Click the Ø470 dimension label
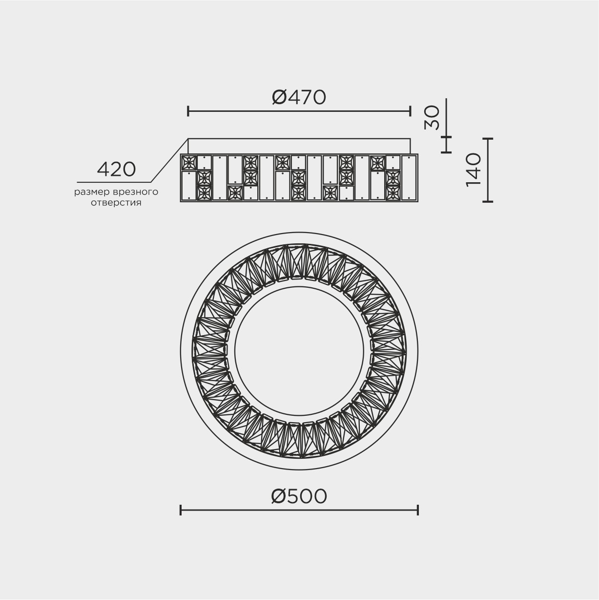point(299,97)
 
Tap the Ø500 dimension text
point(299,496)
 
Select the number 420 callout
point(116,170)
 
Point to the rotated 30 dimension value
point(432,118)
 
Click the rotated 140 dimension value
point(473,170)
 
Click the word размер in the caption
point(89,192)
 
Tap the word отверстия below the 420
point(116,203)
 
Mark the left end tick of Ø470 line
point(188,111)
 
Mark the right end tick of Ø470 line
point(411,111)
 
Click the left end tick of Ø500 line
point(181,510)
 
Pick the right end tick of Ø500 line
point(418,510)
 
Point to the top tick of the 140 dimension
point(488,139)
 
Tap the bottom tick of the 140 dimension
point(488,201)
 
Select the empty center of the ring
point(299,350)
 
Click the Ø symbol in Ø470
point(279,97)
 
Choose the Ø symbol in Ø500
point(279,496)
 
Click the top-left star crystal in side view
point(188,162)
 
